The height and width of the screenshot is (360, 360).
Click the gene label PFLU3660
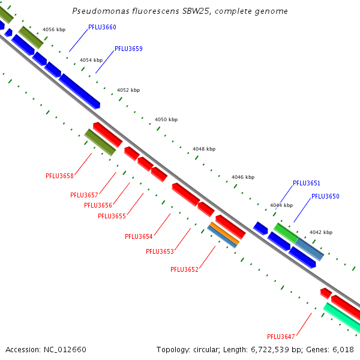102,27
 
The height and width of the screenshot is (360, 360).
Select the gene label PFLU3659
128,49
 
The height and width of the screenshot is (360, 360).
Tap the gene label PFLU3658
59,176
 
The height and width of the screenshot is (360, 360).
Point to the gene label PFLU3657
84,195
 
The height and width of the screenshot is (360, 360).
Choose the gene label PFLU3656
98,205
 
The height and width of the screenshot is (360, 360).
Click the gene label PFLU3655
112,216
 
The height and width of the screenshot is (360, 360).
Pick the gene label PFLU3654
139,236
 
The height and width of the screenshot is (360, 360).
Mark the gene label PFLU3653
160,251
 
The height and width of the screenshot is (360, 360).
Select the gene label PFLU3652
184,269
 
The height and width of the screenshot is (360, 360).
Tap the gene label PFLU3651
307,183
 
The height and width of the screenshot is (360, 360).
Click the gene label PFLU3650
325,196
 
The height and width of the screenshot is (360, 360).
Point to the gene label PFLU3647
281,336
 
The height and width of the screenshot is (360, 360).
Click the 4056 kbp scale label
54,29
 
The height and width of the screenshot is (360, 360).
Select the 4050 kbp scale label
166,120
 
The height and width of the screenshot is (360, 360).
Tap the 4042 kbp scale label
320,232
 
